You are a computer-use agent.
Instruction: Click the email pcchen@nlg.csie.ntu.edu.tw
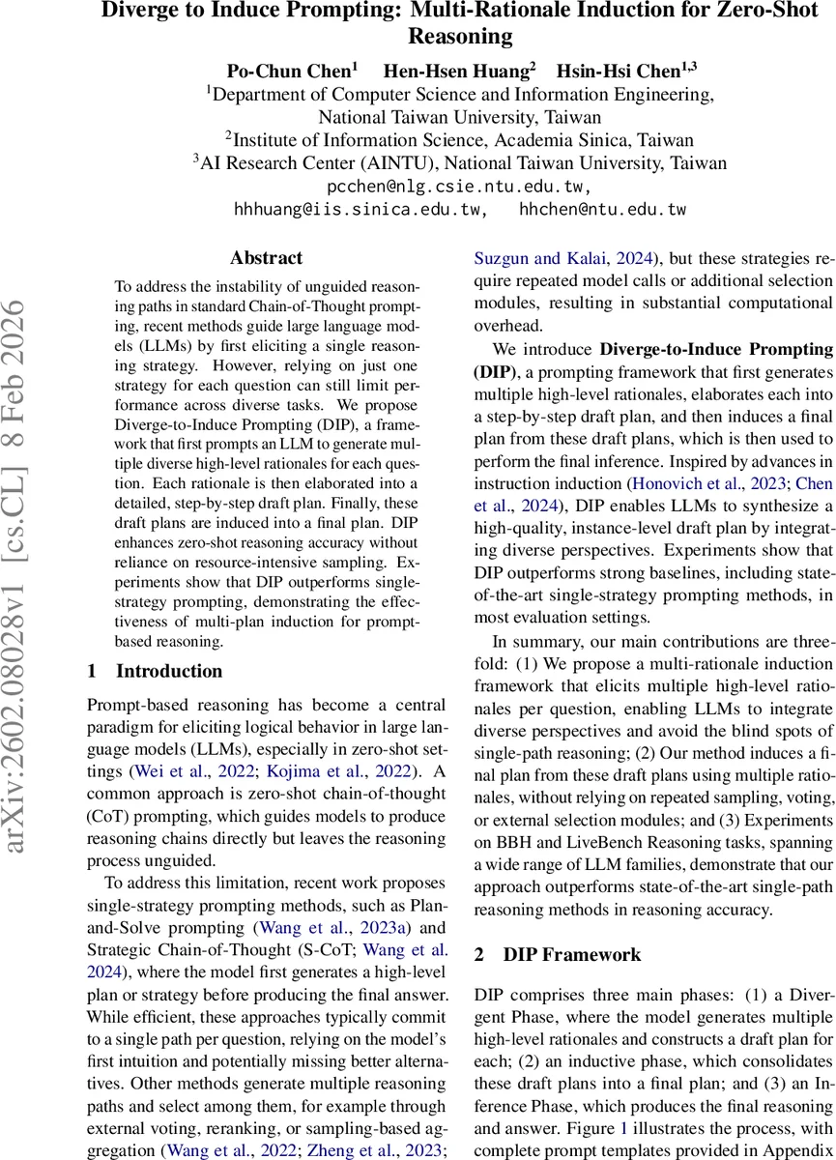[x=460, y=186]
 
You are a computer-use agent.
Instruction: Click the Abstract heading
[x=266, y=258]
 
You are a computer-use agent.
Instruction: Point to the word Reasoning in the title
[x=460, y=38]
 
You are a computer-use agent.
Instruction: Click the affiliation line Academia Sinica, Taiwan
[x=460, y=139]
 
